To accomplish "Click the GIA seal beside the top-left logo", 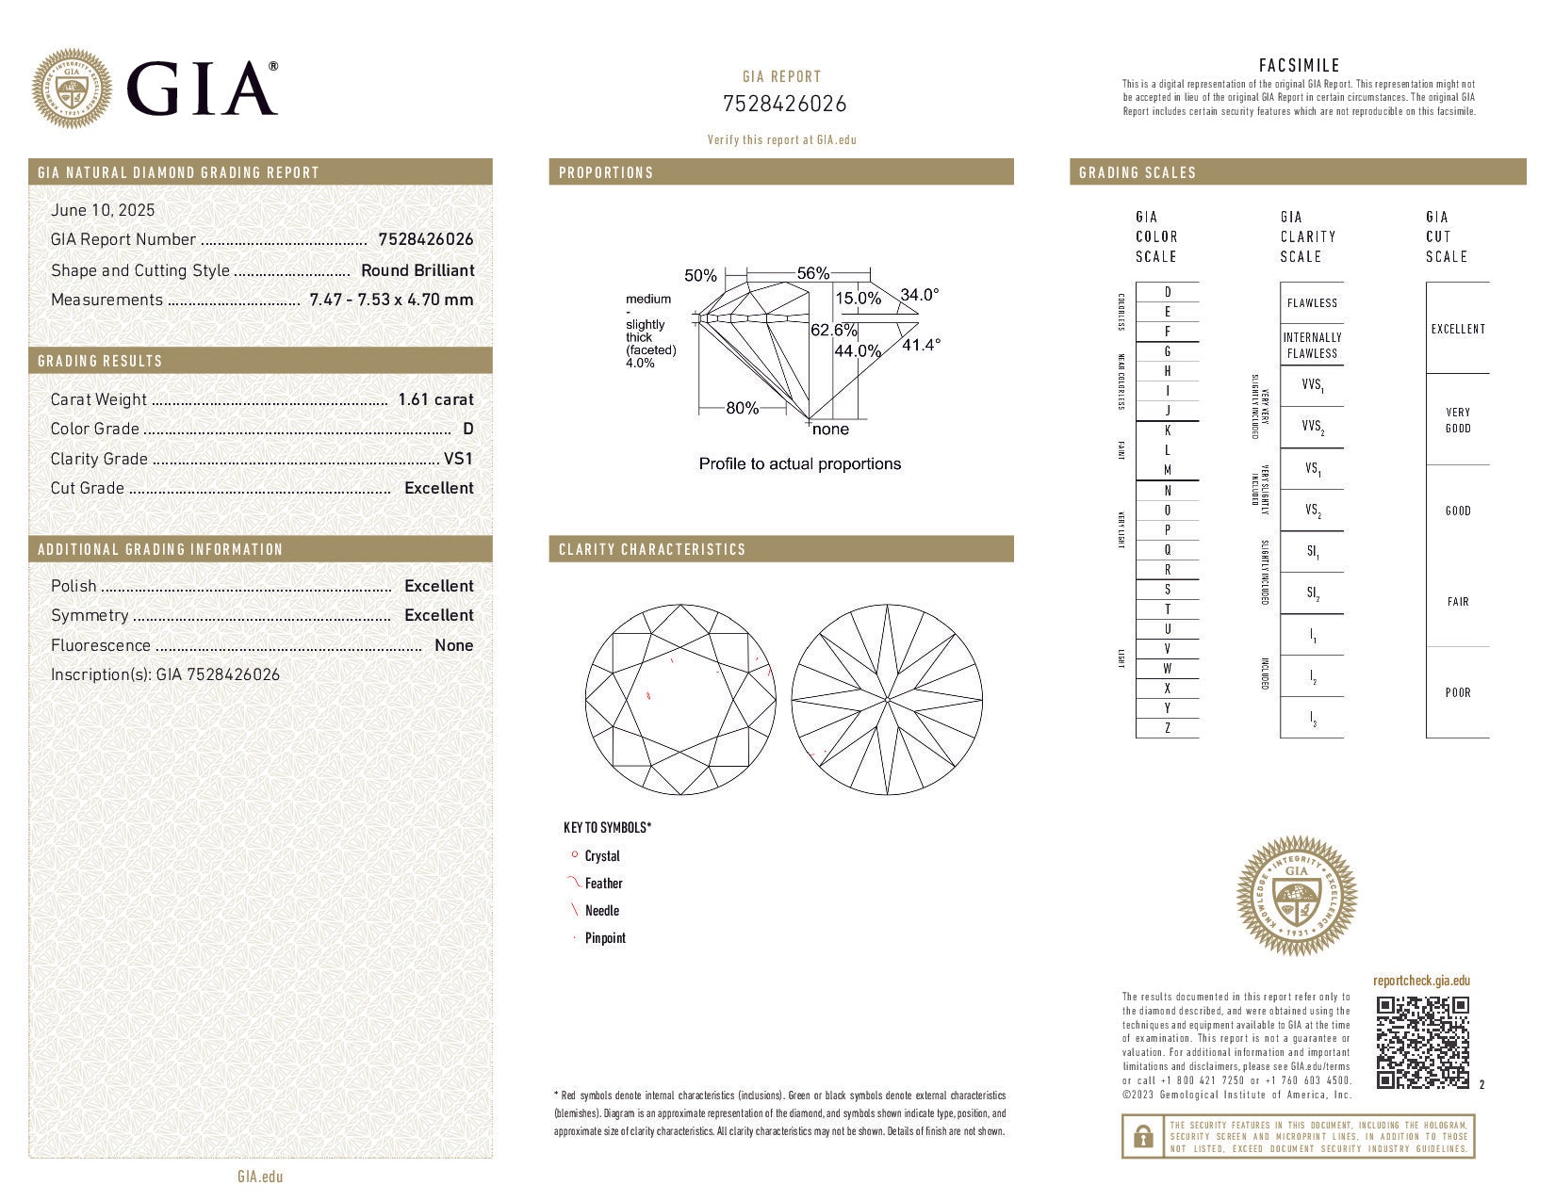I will pyautogui.click(x=72, y=89).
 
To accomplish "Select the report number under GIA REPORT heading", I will pyautogui.click(x=784, y=104).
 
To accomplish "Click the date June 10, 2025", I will pyautogui.click(x=103, y=210).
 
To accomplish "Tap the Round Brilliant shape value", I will pyautogui.click(x=417, y=270).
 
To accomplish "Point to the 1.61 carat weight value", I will pyautogui.click(x=435, y=399).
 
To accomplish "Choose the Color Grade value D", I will pyautogui.click(x=468, y=429).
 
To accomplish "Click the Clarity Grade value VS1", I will pyautogui.click(x=458, y=459).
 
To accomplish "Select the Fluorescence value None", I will pyautogui.click(x=453, y=645).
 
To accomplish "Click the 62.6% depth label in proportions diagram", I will pyautogui.click(x=834, y=330).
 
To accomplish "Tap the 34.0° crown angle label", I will pyautogui.click(x=919, y=295).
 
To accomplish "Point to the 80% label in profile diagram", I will pyautogui.click(x=742, y=408).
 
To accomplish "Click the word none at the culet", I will pyautogui.click(x=830, y=430).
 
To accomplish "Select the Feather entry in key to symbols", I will pyautogui.click(x=603, y=884).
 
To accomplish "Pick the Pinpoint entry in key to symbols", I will pyautogui.click(x=605, y=938).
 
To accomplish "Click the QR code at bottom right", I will pyautogui.click(x=1422, y=1042).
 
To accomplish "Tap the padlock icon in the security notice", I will pyautogui.click(x=1142, y=1136).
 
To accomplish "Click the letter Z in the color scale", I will pyautogui.click(x=1168, y=728).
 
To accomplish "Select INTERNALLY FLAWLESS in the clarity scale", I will pyautogui.click(x=1312, y=345).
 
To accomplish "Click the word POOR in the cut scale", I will pyautogui.click(x=1457, y=692).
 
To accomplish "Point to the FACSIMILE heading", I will pyautogui.click(x=1299, y=65).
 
